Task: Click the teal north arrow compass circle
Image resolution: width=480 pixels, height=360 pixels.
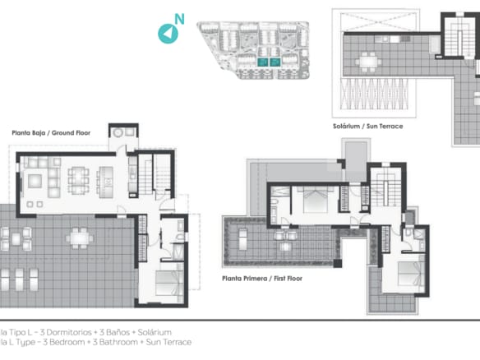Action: [x=168, y=33]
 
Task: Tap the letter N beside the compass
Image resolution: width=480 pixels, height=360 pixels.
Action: [x=180, y=19]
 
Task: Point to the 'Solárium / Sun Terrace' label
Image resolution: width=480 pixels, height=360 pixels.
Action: [x=369, y=126]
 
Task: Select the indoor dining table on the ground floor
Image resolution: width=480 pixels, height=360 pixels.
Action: [x=79, y=177]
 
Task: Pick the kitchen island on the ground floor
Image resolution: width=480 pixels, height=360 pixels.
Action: [x=106, y=177]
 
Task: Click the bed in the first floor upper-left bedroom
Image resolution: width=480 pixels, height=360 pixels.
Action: [x=316, y=199]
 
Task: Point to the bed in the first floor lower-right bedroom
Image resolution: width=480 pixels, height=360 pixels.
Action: [x=410, y=273]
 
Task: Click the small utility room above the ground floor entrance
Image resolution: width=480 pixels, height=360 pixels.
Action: [x=123, y=133]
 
